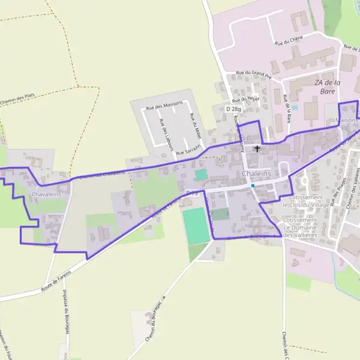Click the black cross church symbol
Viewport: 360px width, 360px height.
258,148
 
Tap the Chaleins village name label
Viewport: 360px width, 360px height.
256,173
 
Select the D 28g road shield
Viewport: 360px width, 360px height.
233,109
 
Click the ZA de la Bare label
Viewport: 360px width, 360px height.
328,87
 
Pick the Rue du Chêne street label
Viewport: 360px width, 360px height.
289,40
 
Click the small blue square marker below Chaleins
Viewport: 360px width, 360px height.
253,185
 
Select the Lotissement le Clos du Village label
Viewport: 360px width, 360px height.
310,200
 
